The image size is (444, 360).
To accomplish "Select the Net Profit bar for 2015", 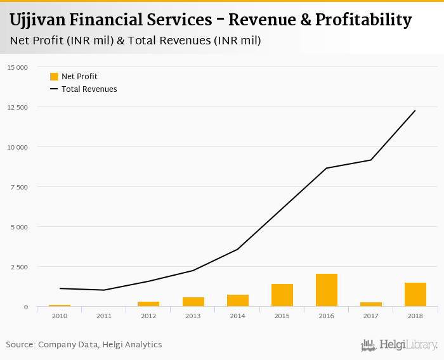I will click(282, 295).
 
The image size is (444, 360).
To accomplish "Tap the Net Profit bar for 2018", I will click(415, 295).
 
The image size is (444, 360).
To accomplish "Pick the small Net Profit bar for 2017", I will click(371, 304).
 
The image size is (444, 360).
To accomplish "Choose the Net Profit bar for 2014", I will click(238, 300).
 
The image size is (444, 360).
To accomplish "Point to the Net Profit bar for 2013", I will click(193, 302).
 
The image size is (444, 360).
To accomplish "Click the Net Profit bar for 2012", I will click(148, 304).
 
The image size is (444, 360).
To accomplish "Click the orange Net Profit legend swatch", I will click(54, 77).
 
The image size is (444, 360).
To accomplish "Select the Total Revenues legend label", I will click(89, 89).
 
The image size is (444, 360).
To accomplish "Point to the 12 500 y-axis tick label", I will click(18, 107).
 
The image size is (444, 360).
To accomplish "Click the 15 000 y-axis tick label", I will click(18, 67).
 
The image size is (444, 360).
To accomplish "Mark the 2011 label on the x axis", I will click(104, 316).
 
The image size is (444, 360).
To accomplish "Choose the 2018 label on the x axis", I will click(415, 316).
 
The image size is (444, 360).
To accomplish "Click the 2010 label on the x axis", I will click(60, 316).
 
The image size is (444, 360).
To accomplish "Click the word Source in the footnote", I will click(20, 345).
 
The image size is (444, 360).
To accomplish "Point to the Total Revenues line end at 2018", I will click(415, 110).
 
